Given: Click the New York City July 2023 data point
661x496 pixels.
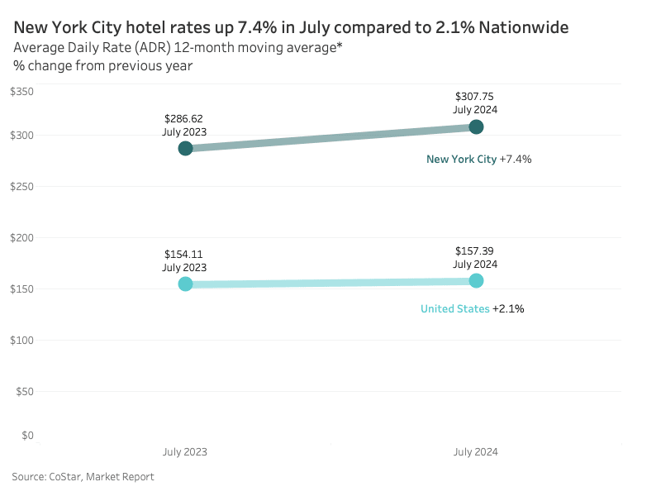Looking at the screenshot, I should [185, 148].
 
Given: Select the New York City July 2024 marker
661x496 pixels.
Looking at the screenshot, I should [476, 126].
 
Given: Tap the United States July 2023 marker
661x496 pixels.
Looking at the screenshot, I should [185, 284].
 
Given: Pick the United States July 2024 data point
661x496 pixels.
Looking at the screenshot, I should [476, 281].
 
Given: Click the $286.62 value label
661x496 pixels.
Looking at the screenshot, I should [184, 118].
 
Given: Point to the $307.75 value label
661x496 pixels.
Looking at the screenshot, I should [475, 97].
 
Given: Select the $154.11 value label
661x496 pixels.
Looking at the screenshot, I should [184, 254].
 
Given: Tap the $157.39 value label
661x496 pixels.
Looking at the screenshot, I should [475, 250].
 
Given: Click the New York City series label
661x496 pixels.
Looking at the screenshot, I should [461, 159].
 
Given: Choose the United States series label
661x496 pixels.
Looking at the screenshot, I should [454, 308].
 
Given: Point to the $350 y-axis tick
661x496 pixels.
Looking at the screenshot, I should [21, 91].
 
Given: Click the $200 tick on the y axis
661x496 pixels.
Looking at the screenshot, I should [21, 238].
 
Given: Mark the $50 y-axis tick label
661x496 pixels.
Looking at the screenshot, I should [24, 391].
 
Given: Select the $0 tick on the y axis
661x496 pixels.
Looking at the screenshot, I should [27, 436].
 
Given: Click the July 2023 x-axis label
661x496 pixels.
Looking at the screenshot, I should [185, 452].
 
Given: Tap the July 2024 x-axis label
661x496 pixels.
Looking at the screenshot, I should [476, 452].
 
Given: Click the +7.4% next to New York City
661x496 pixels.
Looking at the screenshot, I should [516, 159].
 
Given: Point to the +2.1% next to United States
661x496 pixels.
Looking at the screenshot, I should [508, 308].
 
